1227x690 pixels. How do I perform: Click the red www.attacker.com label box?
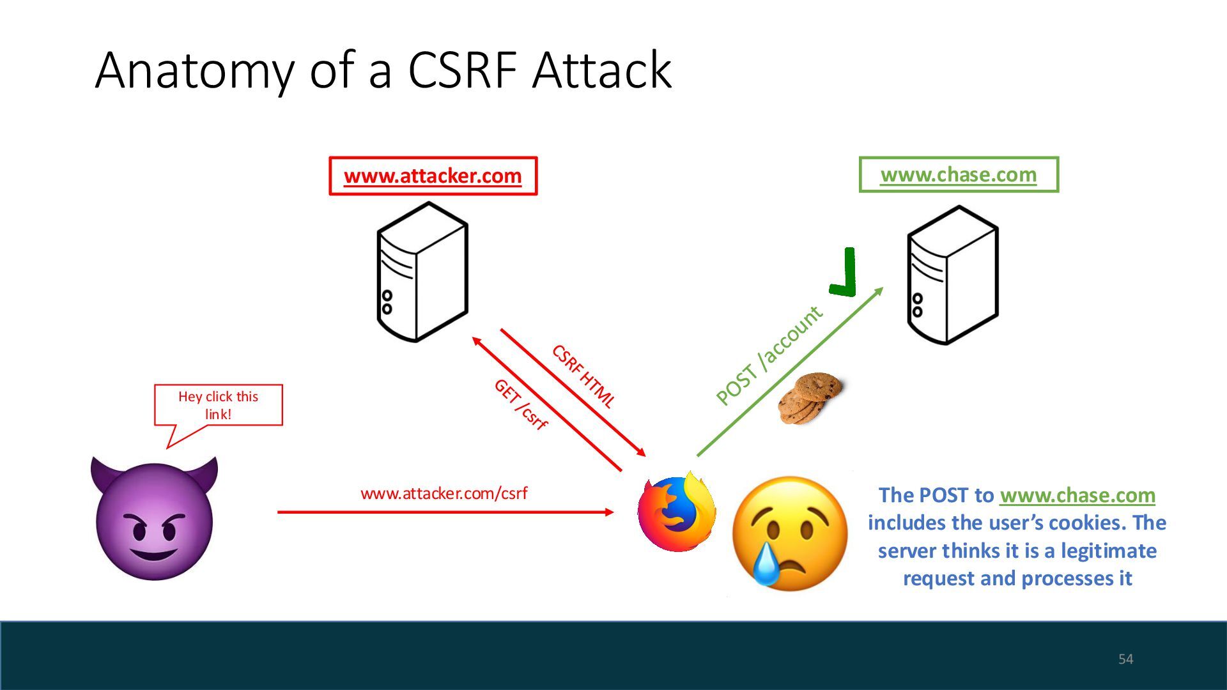point(433,176)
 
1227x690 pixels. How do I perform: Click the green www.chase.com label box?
point(958,174)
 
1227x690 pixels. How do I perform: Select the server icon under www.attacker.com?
point(422,272)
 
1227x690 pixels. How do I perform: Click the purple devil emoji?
point(154,519)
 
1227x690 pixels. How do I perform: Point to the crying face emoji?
point(789,532)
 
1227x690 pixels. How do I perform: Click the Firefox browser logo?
point(677,512)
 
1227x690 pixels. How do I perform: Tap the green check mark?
point(844,273)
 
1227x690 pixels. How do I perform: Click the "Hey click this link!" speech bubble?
point(218,405)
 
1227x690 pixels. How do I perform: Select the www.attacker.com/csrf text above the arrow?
point(444,493)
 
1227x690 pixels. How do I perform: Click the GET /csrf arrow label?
point(520,404)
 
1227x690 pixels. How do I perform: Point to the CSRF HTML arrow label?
point(583,376)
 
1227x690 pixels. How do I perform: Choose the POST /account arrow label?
point(769,355)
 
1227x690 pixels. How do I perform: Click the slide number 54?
point(1125,659)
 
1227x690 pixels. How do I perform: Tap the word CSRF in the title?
point(462,70)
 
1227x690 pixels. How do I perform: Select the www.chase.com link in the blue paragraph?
point(1077,495)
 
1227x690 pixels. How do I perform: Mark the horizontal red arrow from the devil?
point(445,512)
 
